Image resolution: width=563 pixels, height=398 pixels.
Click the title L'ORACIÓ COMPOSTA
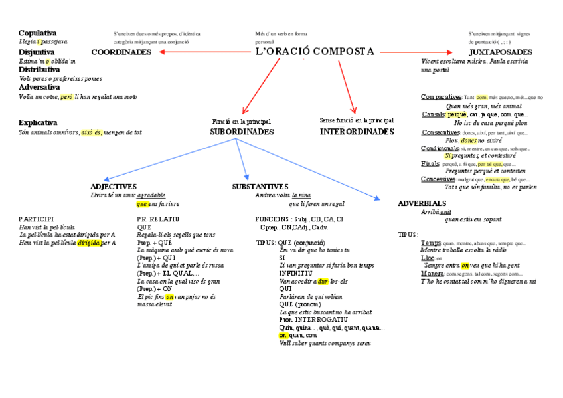coord(315,51)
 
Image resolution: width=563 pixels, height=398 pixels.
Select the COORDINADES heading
coord(121,52)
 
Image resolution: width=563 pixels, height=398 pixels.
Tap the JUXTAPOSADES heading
coord(500,52)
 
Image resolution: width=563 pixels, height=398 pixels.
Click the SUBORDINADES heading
coord(242,132)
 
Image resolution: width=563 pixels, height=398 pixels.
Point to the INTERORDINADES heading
coord(357,132)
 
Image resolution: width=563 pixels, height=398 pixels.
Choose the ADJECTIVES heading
coord(114,187)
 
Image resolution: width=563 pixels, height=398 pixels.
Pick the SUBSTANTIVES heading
coord(260,187)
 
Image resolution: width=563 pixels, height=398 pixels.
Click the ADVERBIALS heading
coord(422,203)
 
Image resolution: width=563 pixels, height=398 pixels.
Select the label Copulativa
coord(37,33)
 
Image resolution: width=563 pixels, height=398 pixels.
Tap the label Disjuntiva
coord(37,52)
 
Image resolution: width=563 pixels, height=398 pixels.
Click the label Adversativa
coord(39,87)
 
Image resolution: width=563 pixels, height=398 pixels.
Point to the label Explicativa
coord(38,123)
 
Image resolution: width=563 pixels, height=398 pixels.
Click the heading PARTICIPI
coord(37,219)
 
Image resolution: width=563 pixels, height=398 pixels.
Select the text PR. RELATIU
coord(155,219)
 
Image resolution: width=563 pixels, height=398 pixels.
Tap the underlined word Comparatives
coord(441,97)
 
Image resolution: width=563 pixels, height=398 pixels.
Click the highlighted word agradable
coord(152,195)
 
